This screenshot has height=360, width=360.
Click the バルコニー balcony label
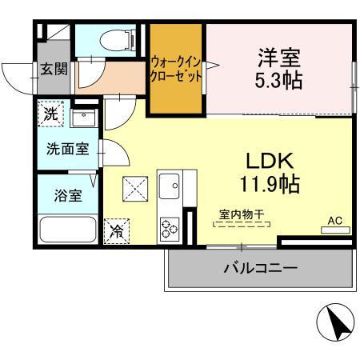[x=259, y=267]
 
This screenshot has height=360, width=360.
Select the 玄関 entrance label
[x=54, y=70]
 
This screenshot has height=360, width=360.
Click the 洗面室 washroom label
[x=66, y=149]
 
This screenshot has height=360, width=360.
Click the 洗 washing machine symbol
[x=50, y=114]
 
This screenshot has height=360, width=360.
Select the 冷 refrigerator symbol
[x=116, y=231]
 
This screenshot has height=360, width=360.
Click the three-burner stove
[x=170, y=228]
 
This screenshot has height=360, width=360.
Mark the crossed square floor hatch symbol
[x=134, y=190]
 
